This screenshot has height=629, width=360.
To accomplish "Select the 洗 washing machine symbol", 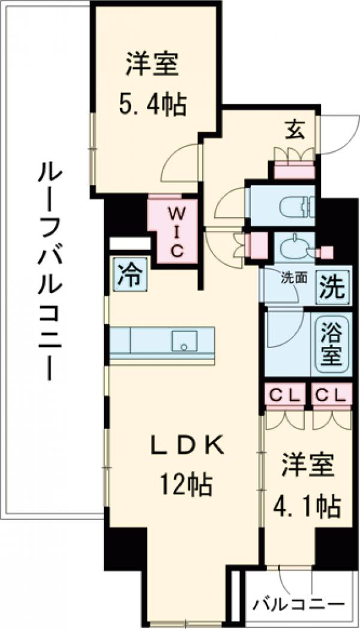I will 331,287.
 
